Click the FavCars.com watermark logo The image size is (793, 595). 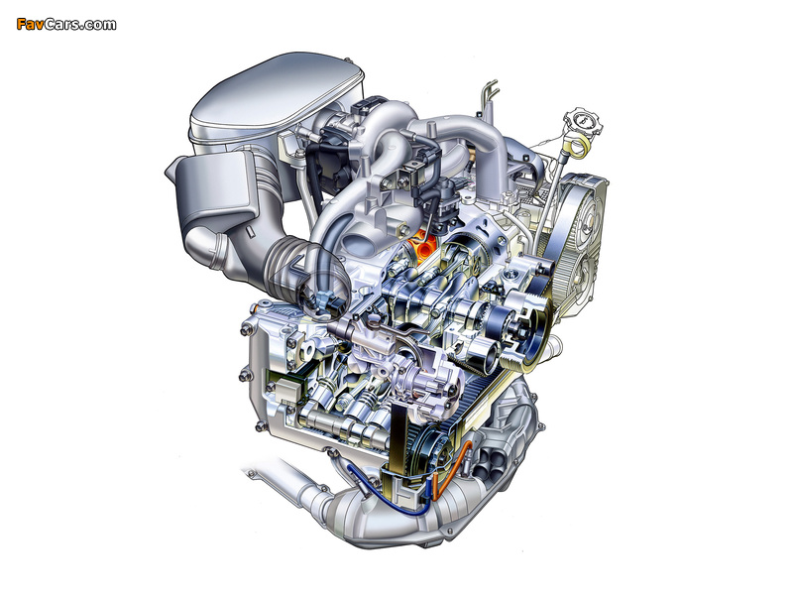(66, 24)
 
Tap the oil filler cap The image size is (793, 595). (584, 122)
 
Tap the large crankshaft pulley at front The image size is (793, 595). (528, 329)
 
